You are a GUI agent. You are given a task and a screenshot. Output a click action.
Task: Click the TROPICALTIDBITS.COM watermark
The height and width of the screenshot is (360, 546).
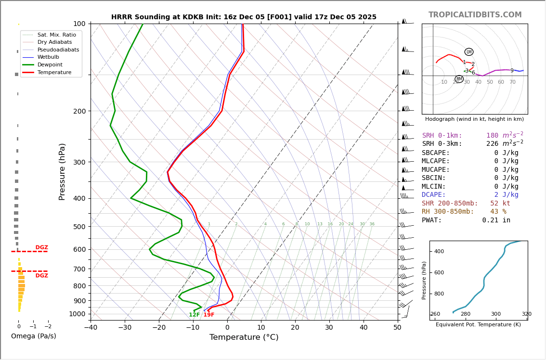pyautogui.click(x=475, y=15)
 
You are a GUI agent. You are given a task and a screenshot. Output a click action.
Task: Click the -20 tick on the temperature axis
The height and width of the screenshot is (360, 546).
pyautogui.click(x=159, y=328)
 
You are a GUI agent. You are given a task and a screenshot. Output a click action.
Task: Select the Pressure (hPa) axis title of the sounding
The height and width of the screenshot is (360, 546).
pyautogui.click(x=62, y=171)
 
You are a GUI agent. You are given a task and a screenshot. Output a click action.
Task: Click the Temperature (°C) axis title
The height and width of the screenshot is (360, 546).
pyautogui.click(x=244, y=337)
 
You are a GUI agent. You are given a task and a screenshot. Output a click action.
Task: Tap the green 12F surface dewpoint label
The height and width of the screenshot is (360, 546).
pyautogui.click(x=194, y=315)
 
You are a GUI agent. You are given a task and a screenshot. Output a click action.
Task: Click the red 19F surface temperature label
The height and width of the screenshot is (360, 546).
pyautogui.click(x=209, y=315)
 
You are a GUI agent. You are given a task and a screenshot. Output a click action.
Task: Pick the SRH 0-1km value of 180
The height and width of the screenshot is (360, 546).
pyautogui.click(x=492, y=136)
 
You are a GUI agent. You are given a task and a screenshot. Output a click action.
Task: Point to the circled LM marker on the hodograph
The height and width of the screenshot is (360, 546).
pyautogui.click(x=468, y=52)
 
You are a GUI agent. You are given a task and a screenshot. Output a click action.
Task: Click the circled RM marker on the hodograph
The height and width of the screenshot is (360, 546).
pyautogui.click(x=459, y=79)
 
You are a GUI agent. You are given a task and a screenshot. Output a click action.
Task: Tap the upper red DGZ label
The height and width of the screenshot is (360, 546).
pyautogui.click(x=41, y=247)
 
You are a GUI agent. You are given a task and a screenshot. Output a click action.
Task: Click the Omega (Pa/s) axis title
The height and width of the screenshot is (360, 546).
pyautogui.click(x=33, y=336)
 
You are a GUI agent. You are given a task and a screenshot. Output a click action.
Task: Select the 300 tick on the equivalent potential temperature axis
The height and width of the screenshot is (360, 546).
pyautogui.click(x=495, y=314)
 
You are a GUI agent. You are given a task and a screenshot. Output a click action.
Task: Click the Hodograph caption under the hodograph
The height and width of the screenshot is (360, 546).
pyautogui.click(x=474, y=119)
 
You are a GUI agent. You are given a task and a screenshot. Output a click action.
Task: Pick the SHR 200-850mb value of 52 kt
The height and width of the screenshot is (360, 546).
pyautogui.click(x=500, y=203)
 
